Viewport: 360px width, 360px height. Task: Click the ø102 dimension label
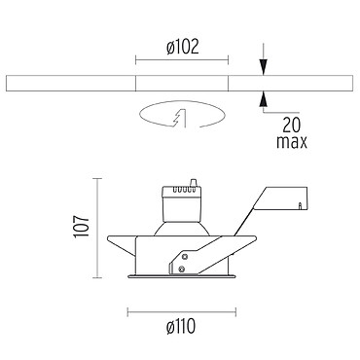[182, 48]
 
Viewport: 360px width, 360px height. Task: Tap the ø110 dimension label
[181, 326]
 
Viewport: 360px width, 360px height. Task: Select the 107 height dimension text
[81, 227]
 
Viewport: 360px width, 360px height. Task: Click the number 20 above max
[292, 125]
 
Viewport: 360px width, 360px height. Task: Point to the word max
[292, 142]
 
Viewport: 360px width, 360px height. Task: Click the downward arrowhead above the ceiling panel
[264, 67]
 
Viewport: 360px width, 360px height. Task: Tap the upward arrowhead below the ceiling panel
[264, 98]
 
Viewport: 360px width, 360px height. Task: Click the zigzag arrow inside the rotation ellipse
[180, 119]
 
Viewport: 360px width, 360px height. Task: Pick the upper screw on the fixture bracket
[185, 257]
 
